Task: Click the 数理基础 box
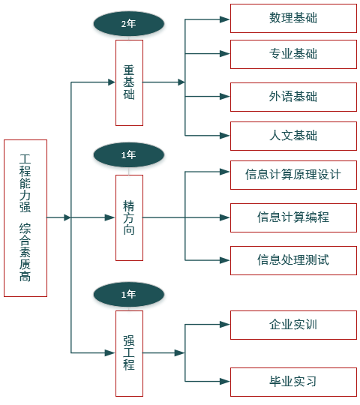coord(293,18)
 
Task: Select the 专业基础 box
coord(293,54)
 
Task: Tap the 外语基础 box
coord(293,97)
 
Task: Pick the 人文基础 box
coord(293,136)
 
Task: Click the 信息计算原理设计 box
coord(293,175)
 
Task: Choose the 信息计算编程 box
coord(293,217)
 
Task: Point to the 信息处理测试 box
coord(293,260)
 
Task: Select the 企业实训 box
coord(293,325)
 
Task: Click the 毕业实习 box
coord(293,382)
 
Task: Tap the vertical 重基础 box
coord(129,83)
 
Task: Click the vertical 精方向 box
coord(129,217)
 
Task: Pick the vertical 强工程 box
coord(129,353)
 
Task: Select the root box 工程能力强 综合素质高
coord(25,218)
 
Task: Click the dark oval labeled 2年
coord(128,23)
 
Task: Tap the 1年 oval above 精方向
coord(128,154)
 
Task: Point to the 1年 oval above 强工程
coord(128,294)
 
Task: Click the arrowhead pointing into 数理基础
coord(225,19)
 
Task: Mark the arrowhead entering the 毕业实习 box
coord(225,382)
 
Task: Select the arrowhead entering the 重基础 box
coord(110,82)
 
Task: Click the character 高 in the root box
coord(25,276)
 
